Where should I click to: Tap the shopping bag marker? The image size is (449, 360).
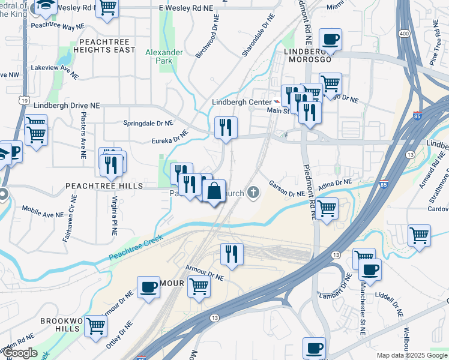[214, 192]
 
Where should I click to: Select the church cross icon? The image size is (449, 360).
[254, 193]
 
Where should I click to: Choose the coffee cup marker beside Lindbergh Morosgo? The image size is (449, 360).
[330, 40]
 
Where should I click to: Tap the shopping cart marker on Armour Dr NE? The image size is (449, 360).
[198, 287]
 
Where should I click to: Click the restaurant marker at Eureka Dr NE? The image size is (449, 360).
[226, 127]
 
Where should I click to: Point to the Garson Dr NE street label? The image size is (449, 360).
[287, 190]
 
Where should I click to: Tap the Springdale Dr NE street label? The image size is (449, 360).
[148, 122]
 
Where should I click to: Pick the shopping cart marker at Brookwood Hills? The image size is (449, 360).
[96, 326]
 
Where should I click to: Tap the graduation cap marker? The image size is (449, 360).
[45, 6]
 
